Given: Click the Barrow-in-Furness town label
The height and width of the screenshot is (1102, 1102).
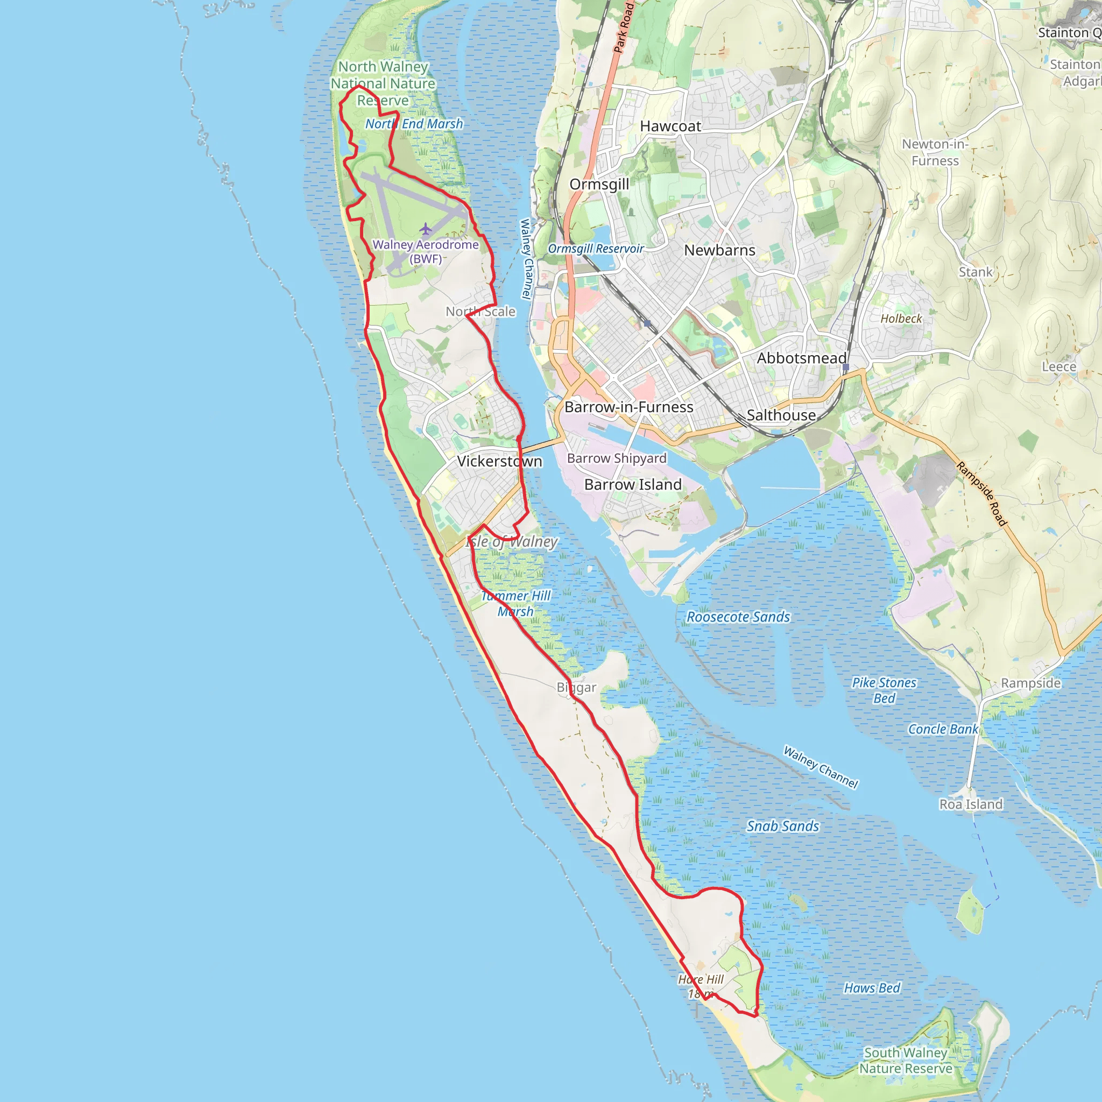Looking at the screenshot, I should click(628, 407).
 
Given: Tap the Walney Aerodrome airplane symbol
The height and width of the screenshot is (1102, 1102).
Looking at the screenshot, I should click(426, 229).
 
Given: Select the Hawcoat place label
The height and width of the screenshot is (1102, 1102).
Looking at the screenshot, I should click(670, 126).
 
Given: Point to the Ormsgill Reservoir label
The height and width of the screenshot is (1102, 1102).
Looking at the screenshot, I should click(596, 249).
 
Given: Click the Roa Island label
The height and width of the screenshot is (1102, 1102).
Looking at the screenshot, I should click(971, 804).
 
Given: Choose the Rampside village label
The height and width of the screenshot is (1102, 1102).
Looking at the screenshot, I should click(1030, 683).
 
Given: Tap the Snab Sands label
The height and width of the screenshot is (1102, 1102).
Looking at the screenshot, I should click(782, 826).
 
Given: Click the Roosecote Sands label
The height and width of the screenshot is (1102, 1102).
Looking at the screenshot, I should click(738, 617).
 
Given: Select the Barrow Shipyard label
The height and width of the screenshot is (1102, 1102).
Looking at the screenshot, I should click(617, 458).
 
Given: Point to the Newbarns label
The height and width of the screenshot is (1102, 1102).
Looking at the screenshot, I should click(719, 250).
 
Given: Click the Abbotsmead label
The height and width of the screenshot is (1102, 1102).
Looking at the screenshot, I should click(801, 358).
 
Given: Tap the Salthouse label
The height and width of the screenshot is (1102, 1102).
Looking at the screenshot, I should click(781, 415).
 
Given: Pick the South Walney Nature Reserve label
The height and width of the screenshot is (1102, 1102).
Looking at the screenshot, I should click(906, 1061).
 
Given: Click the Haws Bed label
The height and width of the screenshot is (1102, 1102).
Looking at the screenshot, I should click(872, 988).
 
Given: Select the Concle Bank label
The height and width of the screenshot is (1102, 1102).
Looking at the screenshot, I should click(943, 729).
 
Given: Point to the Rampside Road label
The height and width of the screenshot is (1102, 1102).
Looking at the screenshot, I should click(982, 494).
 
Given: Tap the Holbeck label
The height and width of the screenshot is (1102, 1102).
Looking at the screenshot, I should click(901, 319).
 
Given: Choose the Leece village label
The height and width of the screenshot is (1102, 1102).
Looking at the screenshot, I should click(1058, 367).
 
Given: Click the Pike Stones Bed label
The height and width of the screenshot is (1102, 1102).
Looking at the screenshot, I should click(884, 690).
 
